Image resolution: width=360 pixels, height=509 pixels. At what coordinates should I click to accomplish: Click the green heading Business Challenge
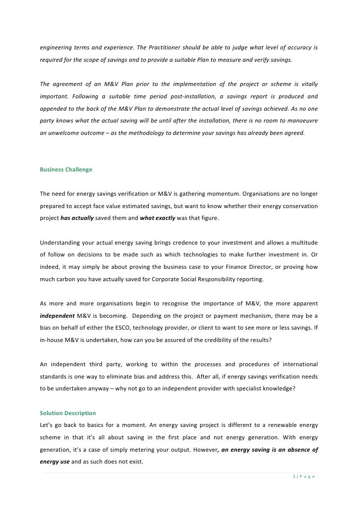coord(66,170)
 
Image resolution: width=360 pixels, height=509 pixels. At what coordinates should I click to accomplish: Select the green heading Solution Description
coord(68,413)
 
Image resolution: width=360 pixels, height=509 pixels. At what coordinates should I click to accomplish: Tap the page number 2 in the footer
coord(293,476)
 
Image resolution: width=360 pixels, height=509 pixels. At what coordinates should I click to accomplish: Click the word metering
coord(150,450)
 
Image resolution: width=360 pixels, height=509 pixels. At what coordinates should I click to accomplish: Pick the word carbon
coord(67,279)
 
